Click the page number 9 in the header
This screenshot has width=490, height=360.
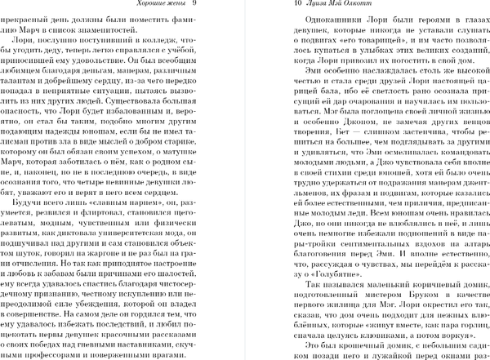(x=207, y=6)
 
